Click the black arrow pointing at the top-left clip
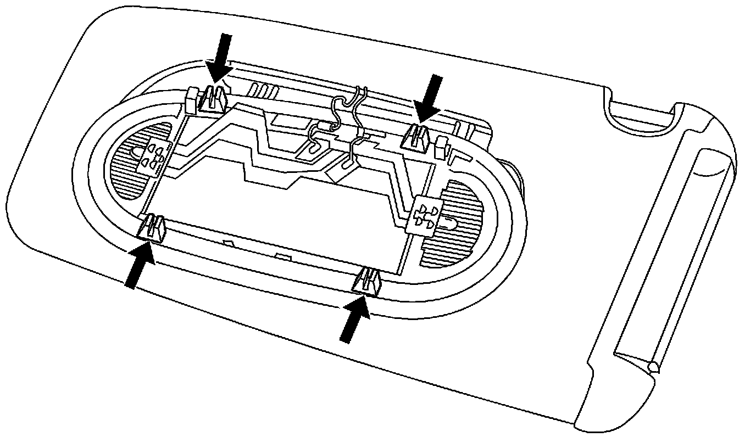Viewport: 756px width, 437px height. click(221, 57)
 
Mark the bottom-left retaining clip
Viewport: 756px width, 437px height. click(153, 227)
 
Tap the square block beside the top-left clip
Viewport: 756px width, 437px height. click(192, 99)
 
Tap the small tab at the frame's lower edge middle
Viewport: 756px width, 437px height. click(282, 257)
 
